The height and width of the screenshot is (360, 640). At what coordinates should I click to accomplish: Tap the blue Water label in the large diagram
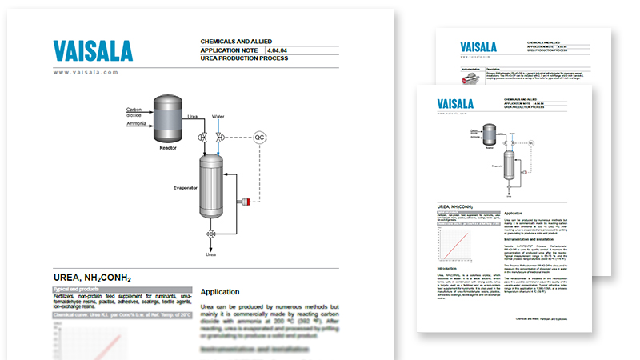218,117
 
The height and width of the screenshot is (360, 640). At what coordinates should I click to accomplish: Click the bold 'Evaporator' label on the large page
185,187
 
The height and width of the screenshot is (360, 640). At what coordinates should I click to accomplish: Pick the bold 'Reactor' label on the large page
167,147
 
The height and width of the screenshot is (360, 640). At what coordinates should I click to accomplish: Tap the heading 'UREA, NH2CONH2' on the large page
92,278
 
